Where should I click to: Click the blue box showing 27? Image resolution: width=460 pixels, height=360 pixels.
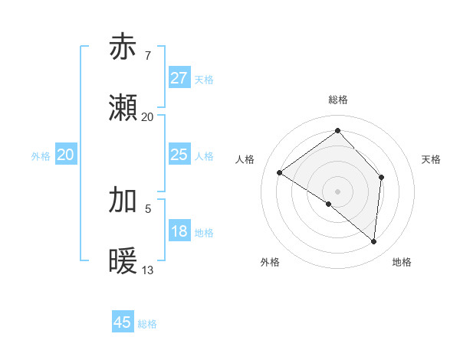179,78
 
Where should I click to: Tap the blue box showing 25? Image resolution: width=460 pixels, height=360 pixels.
179,155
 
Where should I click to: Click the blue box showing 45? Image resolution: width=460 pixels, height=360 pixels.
123,322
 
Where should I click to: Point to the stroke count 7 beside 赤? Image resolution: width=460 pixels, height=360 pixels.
147,56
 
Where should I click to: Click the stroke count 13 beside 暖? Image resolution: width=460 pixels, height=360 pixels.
148,270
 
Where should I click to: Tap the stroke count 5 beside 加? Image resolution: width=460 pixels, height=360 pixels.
148,207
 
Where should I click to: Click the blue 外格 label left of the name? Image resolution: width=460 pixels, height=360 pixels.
41,155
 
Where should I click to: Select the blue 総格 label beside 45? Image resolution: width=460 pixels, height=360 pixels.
147,324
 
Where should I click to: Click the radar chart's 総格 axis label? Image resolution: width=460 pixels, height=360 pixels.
337,100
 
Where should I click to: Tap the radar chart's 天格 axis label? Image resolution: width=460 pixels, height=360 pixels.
431,159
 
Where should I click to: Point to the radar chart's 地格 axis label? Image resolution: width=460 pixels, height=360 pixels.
402,263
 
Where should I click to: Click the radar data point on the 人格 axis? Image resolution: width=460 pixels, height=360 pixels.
280,173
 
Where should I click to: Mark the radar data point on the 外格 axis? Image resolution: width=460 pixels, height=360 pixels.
329,204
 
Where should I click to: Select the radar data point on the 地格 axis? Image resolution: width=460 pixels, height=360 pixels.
373,241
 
